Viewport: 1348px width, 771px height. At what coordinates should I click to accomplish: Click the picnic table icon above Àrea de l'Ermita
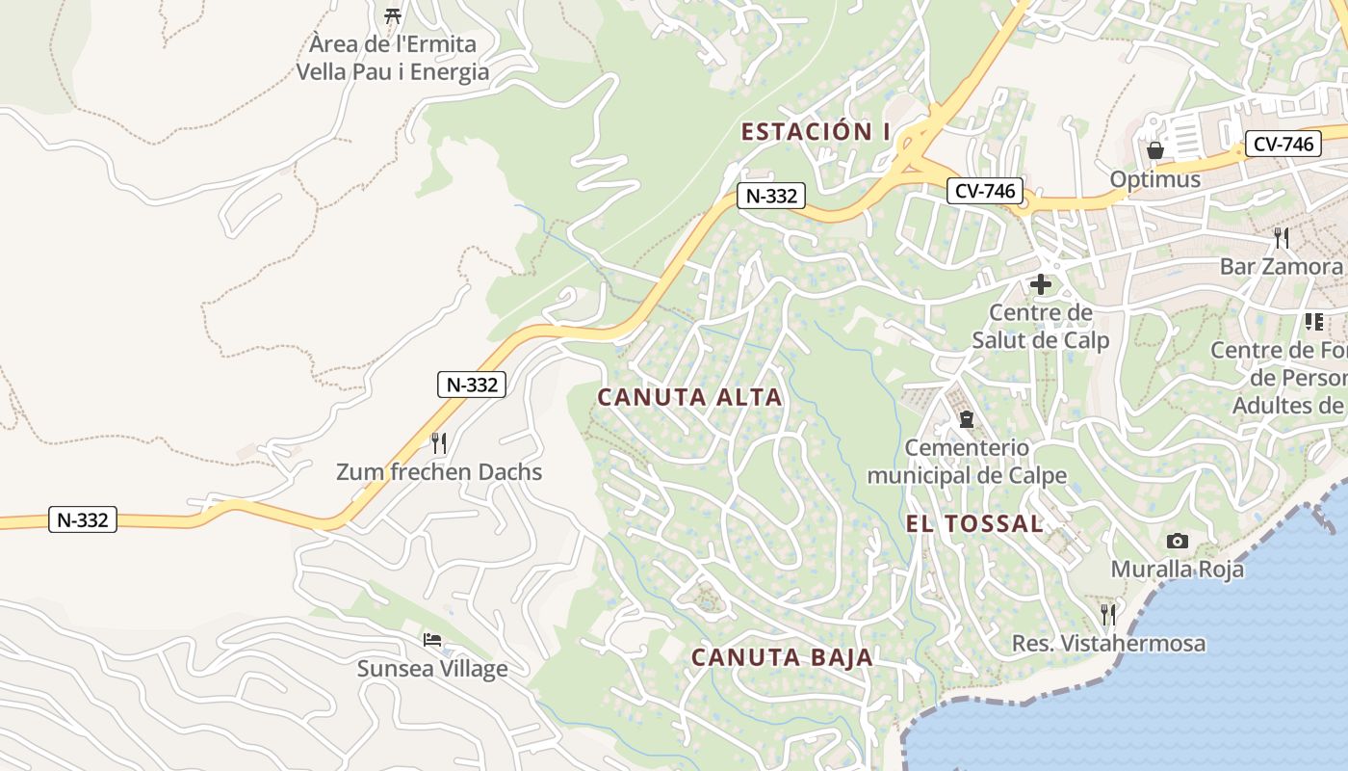pyautogui.click(x=392, y=15)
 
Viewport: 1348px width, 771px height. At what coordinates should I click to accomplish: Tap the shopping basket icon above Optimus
pyautogui.click(x=1154, y=150)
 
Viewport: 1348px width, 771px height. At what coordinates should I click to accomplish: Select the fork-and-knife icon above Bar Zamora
pyautogui.click(x=1281, y=237)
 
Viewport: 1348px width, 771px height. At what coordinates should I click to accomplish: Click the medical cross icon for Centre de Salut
pyautogui.click(x=1040, y=284)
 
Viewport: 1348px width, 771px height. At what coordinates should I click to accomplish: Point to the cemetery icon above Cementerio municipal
pyautogui.click(x=966, y=419)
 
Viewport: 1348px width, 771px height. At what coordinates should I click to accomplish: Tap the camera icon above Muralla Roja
pyautogui.click(x=1177, y=541)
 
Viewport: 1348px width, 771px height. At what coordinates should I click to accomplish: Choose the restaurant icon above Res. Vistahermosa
pyautogui.click(x=1108, y=614)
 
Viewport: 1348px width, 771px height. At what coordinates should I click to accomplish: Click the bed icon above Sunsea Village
pyautogui.click(x=432, y=640)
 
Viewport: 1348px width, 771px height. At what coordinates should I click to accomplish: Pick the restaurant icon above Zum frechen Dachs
pyautogui.click(x=438, y=443)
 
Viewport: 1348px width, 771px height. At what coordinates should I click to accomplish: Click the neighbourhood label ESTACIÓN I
pyautogui.click(x=815, y=132)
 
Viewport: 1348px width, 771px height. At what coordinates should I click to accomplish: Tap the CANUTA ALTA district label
pyautogui.click(x=689, y=397)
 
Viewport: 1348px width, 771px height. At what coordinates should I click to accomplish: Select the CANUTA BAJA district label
pyautogui.click(x=782, y=657)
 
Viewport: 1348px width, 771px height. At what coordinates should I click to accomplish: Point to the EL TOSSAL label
pyautogui.click(x=974, y=523)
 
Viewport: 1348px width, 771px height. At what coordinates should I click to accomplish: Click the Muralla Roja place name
pyautogui.click(x=1177, y=569)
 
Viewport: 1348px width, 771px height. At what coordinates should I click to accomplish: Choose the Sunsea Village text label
pyautogui.click(x=432, y=668)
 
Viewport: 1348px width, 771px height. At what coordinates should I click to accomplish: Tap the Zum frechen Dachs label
pyautogui.click(x=438, y=472)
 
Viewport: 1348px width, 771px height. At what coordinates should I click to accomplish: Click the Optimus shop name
pyautogui.click(x=1154, y=179)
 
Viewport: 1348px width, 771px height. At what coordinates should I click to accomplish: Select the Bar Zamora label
pyautogui.click(x=1281, y=266)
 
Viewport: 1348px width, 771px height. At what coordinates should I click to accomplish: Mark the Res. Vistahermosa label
pyautogui.click(x=1108, y=643)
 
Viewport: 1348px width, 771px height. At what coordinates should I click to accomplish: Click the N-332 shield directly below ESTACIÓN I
pyautogui.click(x=771, y=196)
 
